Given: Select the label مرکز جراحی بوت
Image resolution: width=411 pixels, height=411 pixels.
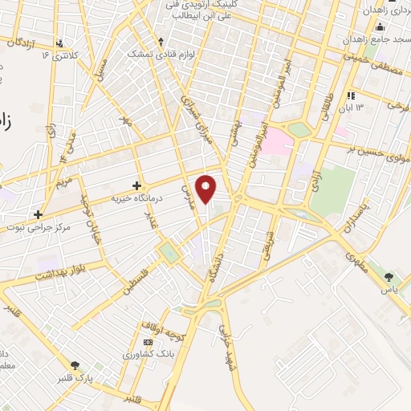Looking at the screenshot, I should pyautogui.click(x=55, y=227).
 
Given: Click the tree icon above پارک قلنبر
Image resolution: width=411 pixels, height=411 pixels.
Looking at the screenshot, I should pyautogui.click(x=75, y=364).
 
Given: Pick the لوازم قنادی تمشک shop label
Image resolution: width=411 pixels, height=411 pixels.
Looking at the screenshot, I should pyautogui.click(x=160, y=54).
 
